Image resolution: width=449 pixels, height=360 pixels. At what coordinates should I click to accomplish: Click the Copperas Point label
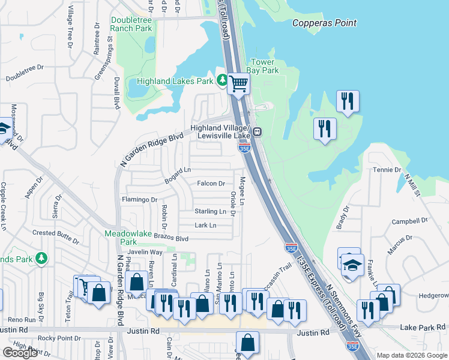(x=324, y=23)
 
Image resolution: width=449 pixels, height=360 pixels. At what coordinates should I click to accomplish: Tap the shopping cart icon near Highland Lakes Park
(x=239, y=84)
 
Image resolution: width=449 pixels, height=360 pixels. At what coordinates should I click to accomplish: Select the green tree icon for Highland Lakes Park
(x=222, y=80)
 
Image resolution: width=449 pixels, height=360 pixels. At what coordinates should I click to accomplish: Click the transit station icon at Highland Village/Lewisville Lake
(x=257, y=132)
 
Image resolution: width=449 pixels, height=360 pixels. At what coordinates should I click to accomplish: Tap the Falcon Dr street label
(x=211, y=184)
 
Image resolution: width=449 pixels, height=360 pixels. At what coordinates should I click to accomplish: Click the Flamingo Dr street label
(x=139, y=199)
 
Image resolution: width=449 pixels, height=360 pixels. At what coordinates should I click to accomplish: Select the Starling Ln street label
(x=209, y=211)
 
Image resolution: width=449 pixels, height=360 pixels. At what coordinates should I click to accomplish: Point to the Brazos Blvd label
(x=171, y=238)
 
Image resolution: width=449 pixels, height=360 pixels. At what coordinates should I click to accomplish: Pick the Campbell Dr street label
(x=408, y=221)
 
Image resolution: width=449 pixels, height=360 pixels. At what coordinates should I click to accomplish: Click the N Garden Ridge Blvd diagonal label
(x=151, y=149)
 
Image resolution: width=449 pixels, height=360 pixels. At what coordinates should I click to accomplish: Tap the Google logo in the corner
(x=20, y=353)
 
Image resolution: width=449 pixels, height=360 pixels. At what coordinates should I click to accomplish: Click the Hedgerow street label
(x=433, y=295)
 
